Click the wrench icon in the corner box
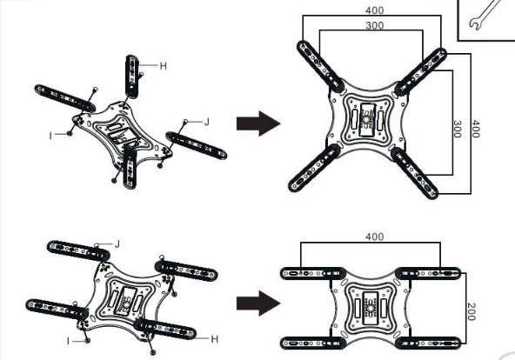[x=485, y=15]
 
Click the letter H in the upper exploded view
[x=164, y=66]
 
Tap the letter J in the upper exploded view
[x=206, y=122]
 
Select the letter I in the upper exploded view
[x=50, y=136]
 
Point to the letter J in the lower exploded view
[x=117, y=244]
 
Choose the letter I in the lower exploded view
[x=69, y=341]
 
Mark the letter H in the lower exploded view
[x=215, y=339]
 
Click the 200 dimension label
[x=471, y=311]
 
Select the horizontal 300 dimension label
[x=374, y=25]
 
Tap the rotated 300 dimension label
[x=457, y=129]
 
